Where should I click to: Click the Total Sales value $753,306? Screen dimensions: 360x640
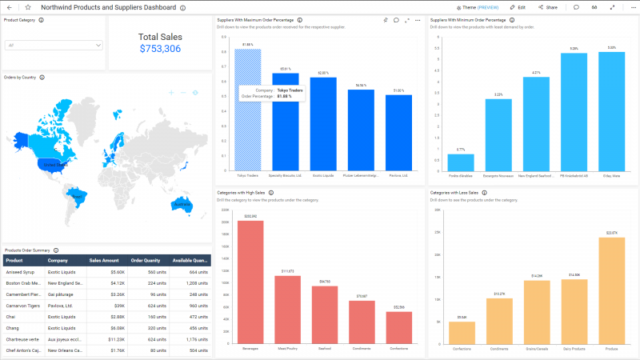click(x=160, y=49)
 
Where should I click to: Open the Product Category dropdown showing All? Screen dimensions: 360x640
click(x=54, y=46)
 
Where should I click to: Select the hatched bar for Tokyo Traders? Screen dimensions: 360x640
click(x=247, y=112)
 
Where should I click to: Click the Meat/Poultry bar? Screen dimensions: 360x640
click(x=287, y=309)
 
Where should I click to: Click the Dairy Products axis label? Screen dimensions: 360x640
click(x=574, y=348)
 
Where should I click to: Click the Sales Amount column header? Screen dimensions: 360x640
click(x=104, y=260)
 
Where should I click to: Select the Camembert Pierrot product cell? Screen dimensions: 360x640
click(x=23, y=294)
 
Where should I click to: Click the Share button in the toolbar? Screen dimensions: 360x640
click(x=548, y=7)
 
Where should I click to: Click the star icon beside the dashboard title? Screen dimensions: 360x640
click(x=27, y=7)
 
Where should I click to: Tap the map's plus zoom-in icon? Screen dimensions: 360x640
click(x=171, y=93)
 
